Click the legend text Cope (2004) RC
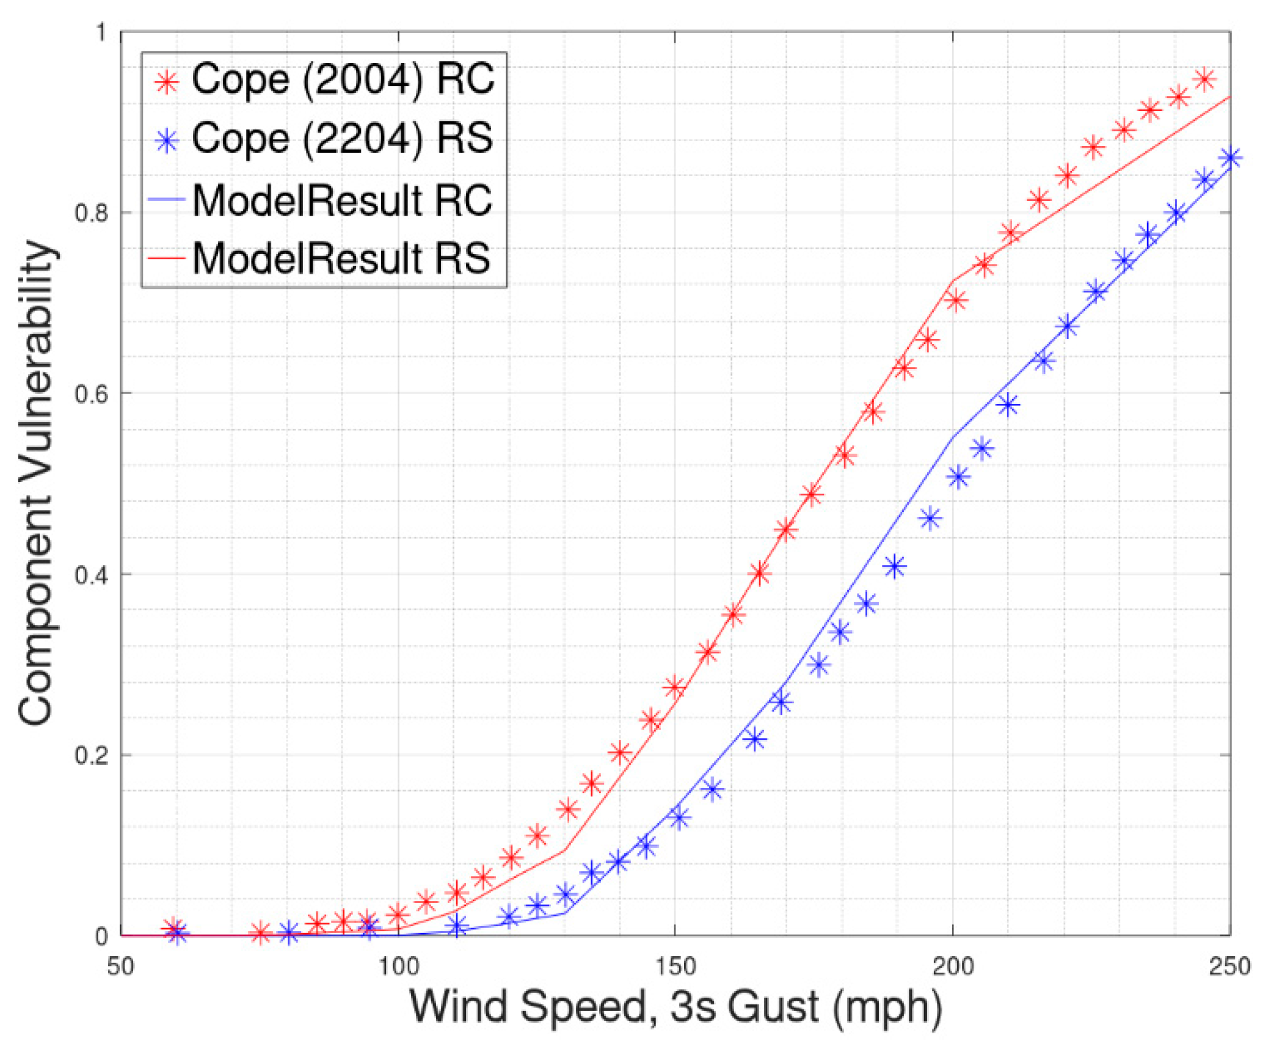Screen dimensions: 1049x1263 [x=343, y=80]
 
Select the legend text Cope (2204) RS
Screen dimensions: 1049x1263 [x=342, y=139]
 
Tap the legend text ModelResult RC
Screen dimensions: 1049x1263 [x=342, y=201]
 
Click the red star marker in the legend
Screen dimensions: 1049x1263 [x=167, y=81]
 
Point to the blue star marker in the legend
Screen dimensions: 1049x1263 [x=167, y=141]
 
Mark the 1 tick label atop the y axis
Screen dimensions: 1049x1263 [x=101, y=32]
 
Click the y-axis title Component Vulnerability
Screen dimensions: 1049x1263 [x=37, y=483]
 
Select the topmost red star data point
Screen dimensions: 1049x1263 [x=1205, y=79]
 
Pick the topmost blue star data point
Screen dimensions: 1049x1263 [x=1229, y=158]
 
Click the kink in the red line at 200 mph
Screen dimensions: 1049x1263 [x=953, y=281]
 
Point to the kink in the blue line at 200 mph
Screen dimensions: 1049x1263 [x=953, y=436]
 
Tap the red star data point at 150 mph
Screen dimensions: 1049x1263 [x=674, y=687]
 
